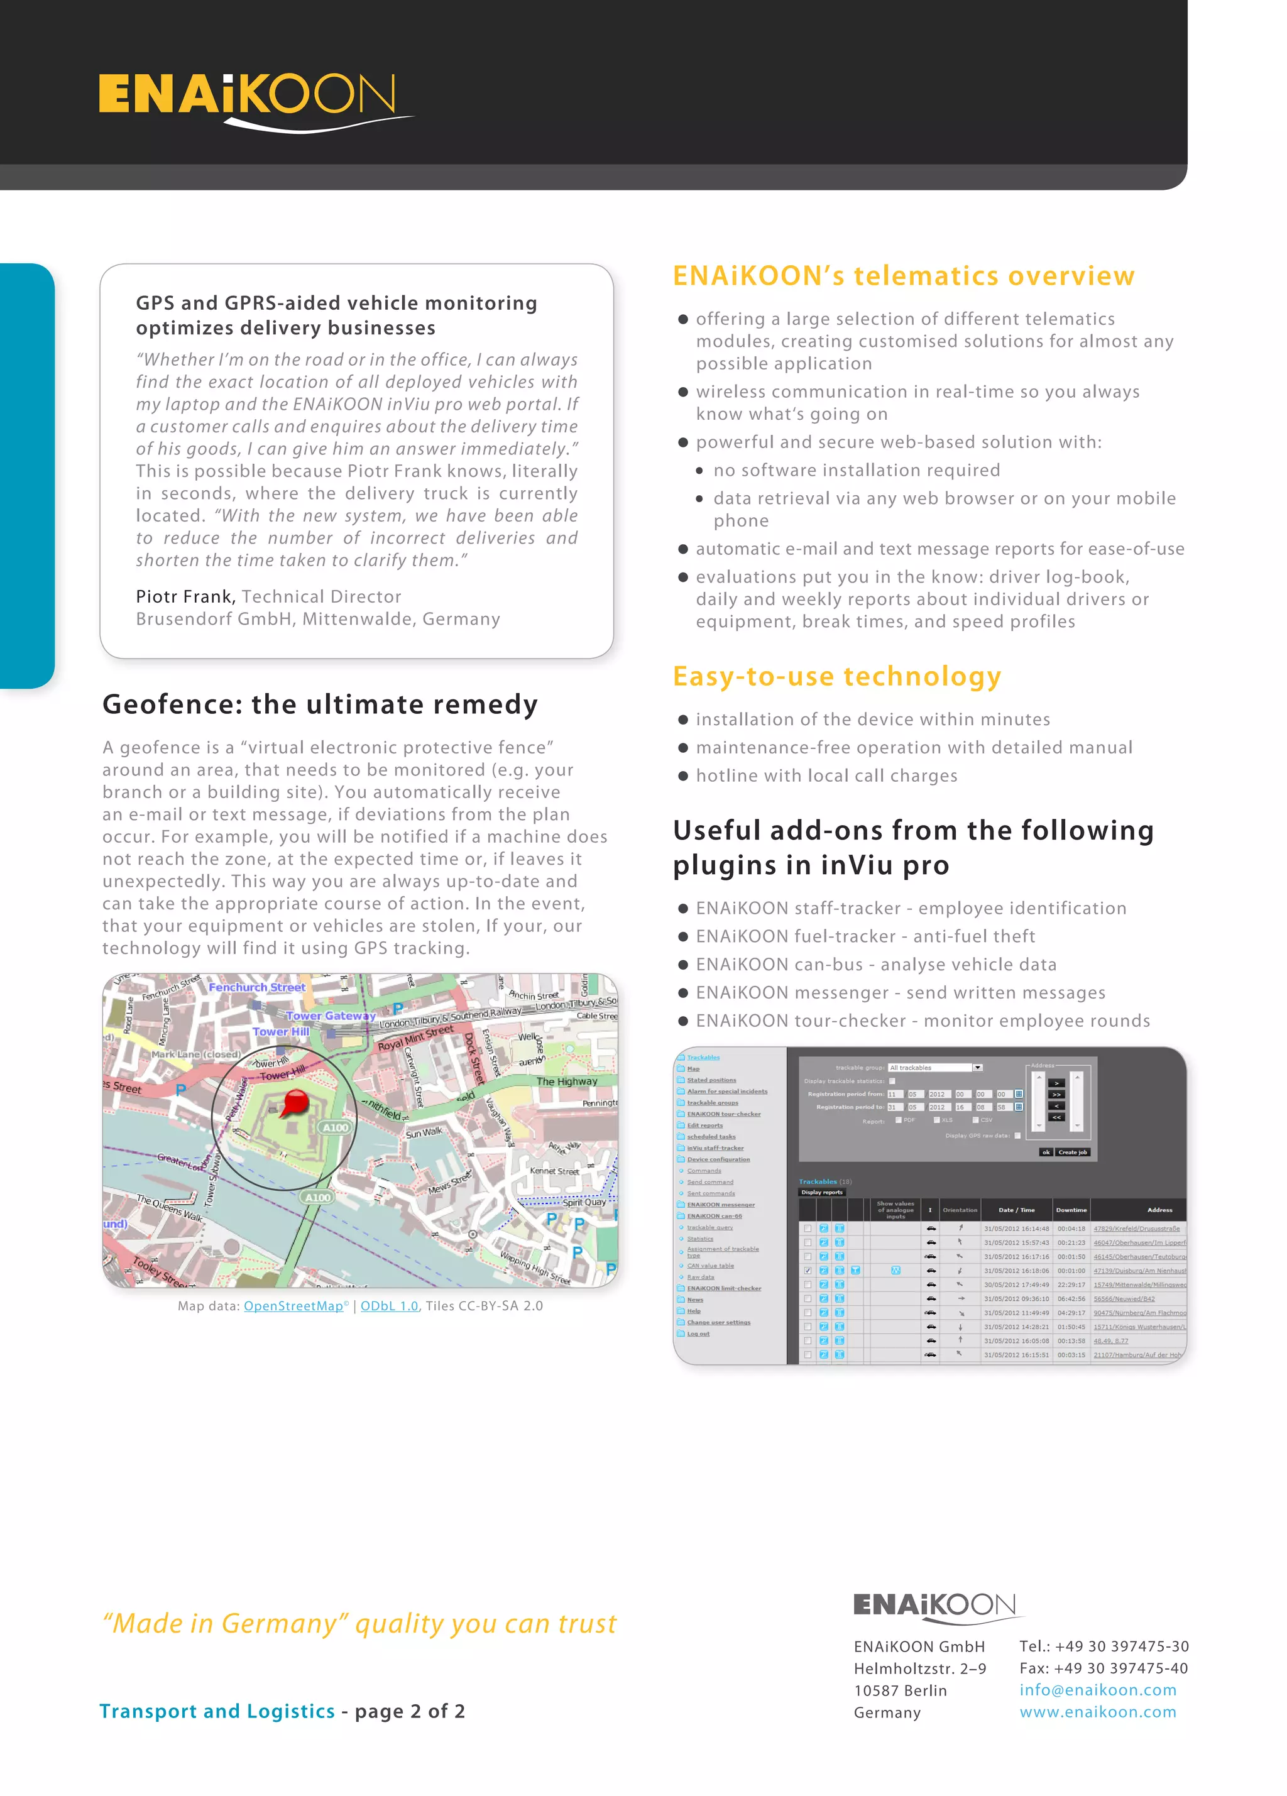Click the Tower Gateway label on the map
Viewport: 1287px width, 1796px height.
pyautogui.click(x=331, y=1016)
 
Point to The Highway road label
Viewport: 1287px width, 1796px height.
pyautogui.click(x=566, y=1081)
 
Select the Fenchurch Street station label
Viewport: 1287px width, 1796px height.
pyautogui.click(x=256, y=987)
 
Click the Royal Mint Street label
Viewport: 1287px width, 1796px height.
pyautogui.click(x=415, y=1038)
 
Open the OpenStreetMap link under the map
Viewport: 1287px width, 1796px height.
pyautogui.click(x=293, y=1306)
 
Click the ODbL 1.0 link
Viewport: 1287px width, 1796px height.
pyautogui.click(x=389, y=1306)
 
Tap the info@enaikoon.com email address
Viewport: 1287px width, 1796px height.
pyautogui.click(x=1097, y=1689)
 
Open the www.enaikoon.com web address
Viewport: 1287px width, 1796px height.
pyautogui.click(x=1097, y=1711)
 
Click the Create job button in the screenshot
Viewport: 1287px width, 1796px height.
pyautogui.click(x=1072, y=1153)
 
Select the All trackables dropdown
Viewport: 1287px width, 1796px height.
pyautogui.click(x=934, y=1068)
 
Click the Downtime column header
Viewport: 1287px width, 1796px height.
pyautogui.click(x=1071, y=1209)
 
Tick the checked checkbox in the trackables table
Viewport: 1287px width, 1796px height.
pyautogui.click(x=807, y=1270)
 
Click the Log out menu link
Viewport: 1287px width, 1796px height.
pyautogui.click(x=698, y=1333)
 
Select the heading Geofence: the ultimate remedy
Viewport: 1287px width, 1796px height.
pyautogui.click(x=320, y=704)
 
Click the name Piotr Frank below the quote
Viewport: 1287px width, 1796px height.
pyautogui.click(x=185, y=596)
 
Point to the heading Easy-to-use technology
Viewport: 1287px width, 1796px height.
pyautogui.click(x=836, y=676)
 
